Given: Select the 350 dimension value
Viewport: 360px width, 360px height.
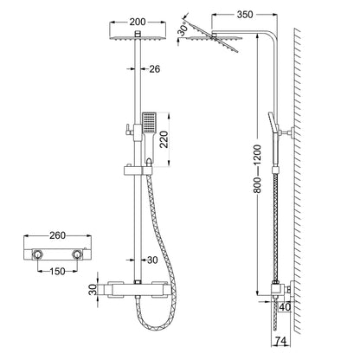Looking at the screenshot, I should click(245, 16).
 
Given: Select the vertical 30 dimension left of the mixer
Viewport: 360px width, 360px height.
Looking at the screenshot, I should click(93, 291).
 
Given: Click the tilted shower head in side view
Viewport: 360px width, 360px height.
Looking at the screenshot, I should click(222, 36).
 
